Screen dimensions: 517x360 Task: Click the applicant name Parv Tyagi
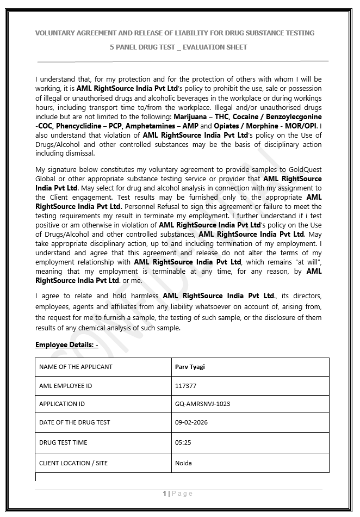tap(190, 367)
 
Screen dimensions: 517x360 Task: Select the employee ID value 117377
tap(185, 386)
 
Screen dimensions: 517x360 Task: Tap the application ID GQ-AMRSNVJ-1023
tap(202, 404)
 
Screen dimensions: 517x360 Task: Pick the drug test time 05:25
tap(183, 442)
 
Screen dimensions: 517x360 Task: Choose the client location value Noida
tap(183, 463)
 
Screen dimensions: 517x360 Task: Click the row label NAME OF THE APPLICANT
tap(76, 367)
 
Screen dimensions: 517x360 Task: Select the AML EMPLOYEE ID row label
tap(65, 386)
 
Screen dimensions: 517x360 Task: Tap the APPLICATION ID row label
tap(62, 404)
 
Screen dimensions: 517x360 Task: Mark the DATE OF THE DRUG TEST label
tap(75, 422)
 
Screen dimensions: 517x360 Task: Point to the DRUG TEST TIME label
tap(63, 442)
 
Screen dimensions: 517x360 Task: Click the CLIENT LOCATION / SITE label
tap(73, 463)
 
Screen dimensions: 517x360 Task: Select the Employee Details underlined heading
tap(66, 345)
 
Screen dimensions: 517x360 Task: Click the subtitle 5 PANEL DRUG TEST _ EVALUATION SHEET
tap(178, 47)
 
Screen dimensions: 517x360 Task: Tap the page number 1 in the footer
tap(164, 494)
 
